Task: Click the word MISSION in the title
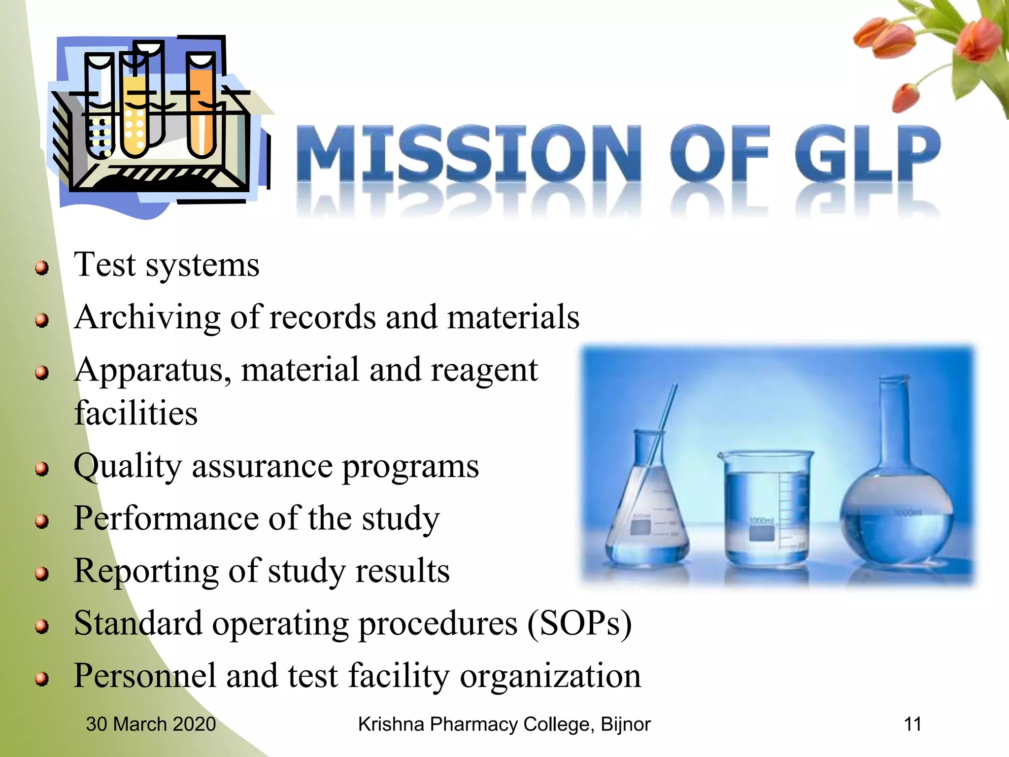[x=468, y=153]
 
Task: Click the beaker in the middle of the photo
[x=766, y=508]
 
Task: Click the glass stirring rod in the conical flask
[x=660, y=444]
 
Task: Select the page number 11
[x=912, y=724]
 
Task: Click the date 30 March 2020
[x=151, y=724]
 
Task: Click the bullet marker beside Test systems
[x=42, y=268]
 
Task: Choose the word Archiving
[x=147, y=318]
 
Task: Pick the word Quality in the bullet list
[x=127, y=467]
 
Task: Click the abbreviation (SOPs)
[x=579, y=624]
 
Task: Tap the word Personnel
[x=144, y=676]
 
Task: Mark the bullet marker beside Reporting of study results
[x=42, y=574]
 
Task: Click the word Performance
[x=166, y=519]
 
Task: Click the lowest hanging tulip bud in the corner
[x=906, y=98]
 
